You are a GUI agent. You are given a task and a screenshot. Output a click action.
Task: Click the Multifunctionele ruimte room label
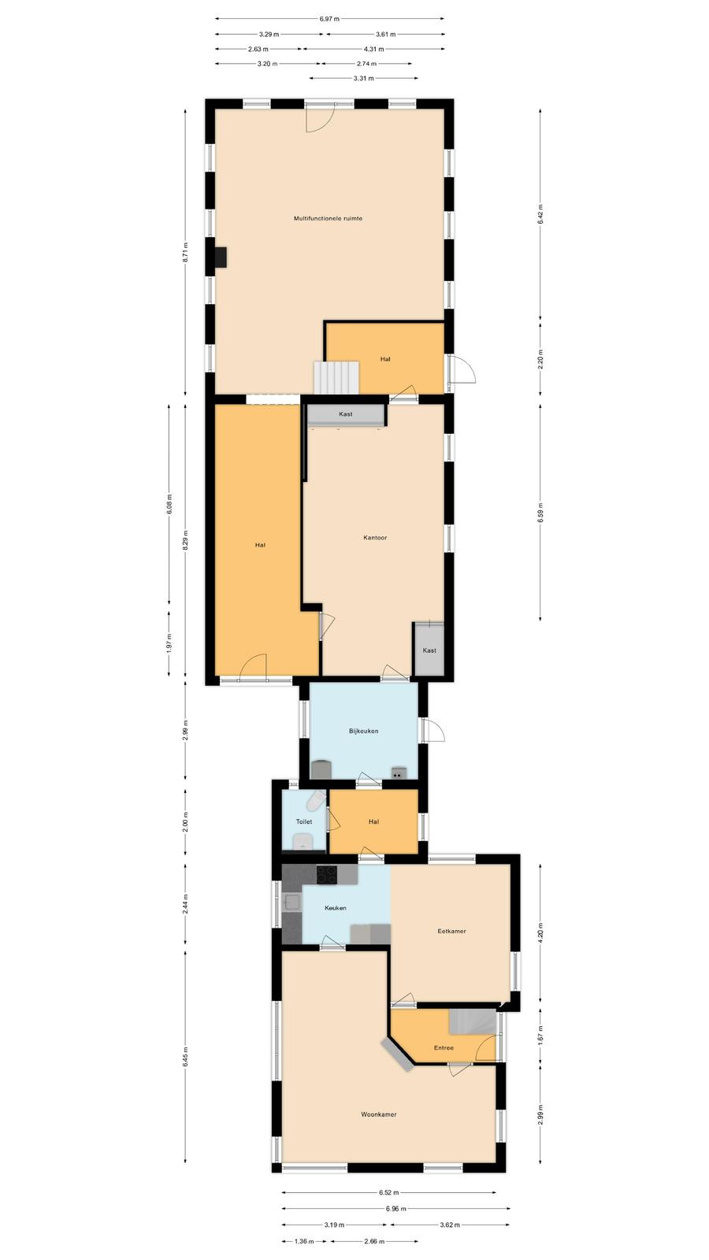pos(328,218)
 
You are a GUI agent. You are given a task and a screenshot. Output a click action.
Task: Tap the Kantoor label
pos(375,538)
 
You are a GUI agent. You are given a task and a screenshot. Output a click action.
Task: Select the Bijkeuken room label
pos(363,732)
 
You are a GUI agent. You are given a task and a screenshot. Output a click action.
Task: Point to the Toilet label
pos(304,822)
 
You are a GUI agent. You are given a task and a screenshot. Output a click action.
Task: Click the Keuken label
pos(336,908)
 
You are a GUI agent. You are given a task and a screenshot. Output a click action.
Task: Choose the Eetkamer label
pos(452,931)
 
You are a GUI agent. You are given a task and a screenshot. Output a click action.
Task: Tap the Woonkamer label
pos(379,1114)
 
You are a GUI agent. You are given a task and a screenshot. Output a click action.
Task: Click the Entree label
pos(444,1048)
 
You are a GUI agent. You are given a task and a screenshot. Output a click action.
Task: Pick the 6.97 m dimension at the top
pos(330,19)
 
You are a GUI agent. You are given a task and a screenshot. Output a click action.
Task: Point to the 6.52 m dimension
pos(389,1192)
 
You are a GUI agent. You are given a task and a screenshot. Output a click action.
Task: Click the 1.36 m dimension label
pos(304,1241)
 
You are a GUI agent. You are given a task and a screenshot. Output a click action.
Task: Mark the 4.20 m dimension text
pos(540,933)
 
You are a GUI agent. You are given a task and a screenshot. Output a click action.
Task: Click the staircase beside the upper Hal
pos(336,377)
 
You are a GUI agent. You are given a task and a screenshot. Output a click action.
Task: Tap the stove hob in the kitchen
pos(327,875)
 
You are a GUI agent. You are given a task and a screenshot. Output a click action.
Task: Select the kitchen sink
pos(292,902)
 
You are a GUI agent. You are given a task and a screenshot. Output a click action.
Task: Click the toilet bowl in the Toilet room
pos(316,799)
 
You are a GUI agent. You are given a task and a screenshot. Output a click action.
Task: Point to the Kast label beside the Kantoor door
pos(429,650)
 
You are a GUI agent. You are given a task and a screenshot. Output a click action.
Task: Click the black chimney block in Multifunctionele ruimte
pos(221,257)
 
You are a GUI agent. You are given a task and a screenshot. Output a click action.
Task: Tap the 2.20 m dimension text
pos(540,359)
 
